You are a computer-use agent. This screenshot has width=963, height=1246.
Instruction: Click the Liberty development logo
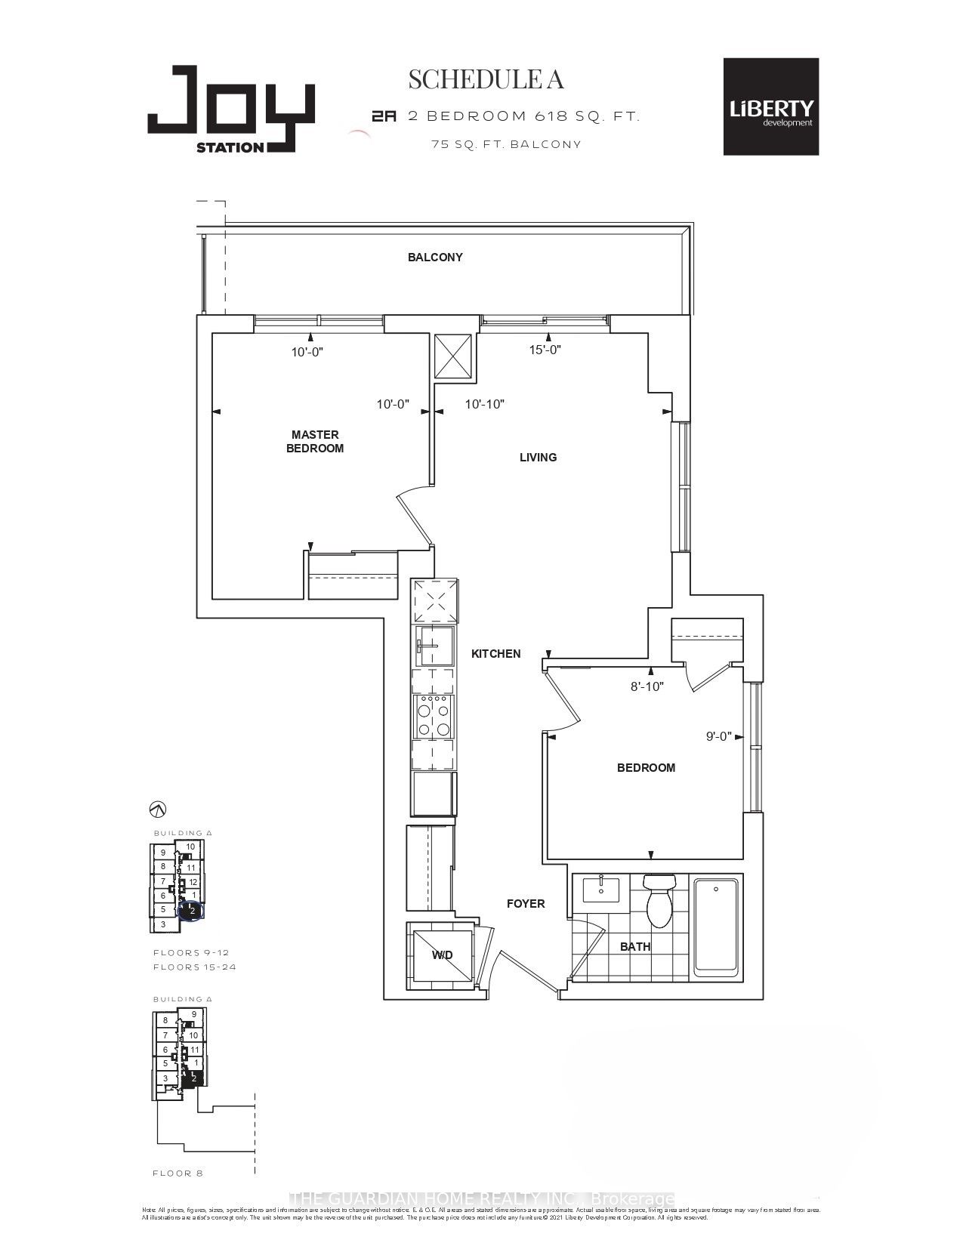[x=770, y=107]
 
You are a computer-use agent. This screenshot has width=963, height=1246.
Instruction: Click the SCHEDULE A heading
[x=486, y=79]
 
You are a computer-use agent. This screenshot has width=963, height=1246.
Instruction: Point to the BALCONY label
[x=435, y=258]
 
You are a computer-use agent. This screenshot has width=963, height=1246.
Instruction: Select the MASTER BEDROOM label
[x=315, y=441]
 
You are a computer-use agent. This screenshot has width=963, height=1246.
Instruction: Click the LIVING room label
[x=538, y=458]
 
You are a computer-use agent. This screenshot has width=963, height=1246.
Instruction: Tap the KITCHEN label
[x=495, y=654]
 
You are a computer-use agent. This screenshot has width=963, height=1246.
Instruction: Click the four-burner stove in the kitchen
[x=434, y=716]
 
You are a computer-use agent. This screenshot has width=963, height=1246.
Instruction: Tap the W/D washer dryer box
[x=442, y=955]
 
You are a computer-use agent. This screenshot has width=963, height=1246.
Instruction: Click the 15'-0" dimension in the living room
[x=543, y=350]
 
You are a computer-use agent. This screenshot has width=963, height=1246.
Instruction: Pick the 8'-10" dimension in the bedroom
[x=647, y=686]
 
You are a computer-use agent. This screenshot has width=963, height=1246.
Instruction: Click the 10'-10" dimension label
[x=484, y=404]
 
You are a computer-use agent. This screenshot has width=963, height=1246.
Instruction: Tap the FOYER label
[x=526, y=904]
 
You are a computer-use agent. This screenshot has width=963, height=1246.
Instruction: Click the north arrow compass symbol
[x=158, y=810]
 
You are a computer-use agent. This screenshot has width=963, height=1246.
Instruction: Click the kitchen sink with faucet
[x=434, y=645]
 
